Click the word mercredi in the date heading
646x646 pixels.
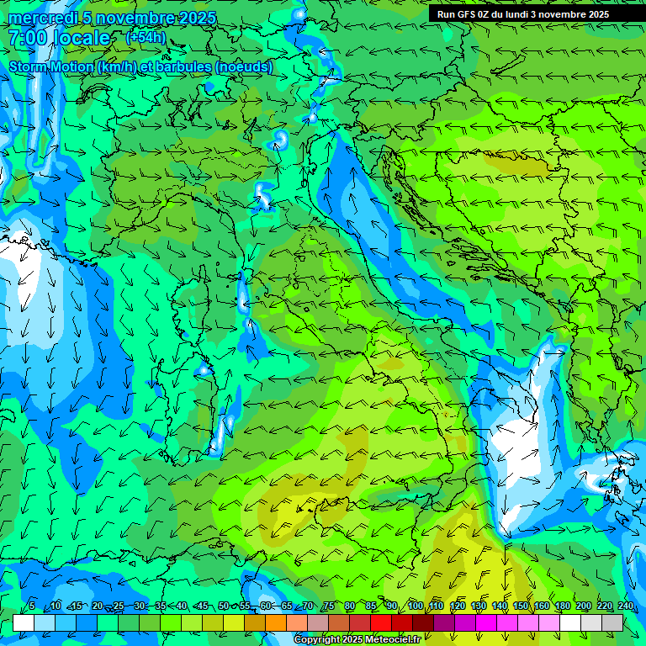pos(40,18)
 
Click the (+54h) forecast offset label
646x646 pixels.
pos(146,38)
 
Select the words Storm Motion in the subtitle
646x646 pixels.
pos(50,67)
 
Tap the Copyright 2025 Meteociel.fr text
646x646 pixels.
pos(357,640)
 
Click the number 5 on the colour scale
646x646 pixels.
pos(32,606)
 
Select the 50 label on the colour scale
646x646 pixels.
pos(223,606)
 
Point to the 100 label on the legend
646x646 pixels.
pos(415,606)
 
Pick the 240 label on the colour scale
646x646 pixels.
pos(626,606)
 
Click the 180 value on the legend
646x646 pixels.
pos(562,606)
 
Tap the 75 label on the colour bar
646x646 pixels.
pos(329,606)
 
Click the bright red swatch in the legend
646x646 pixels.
pos(381,622)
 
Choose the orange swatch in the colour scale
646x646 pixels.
pos(276,622)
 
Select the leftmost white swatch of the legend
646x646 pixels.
pos(24,622)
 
